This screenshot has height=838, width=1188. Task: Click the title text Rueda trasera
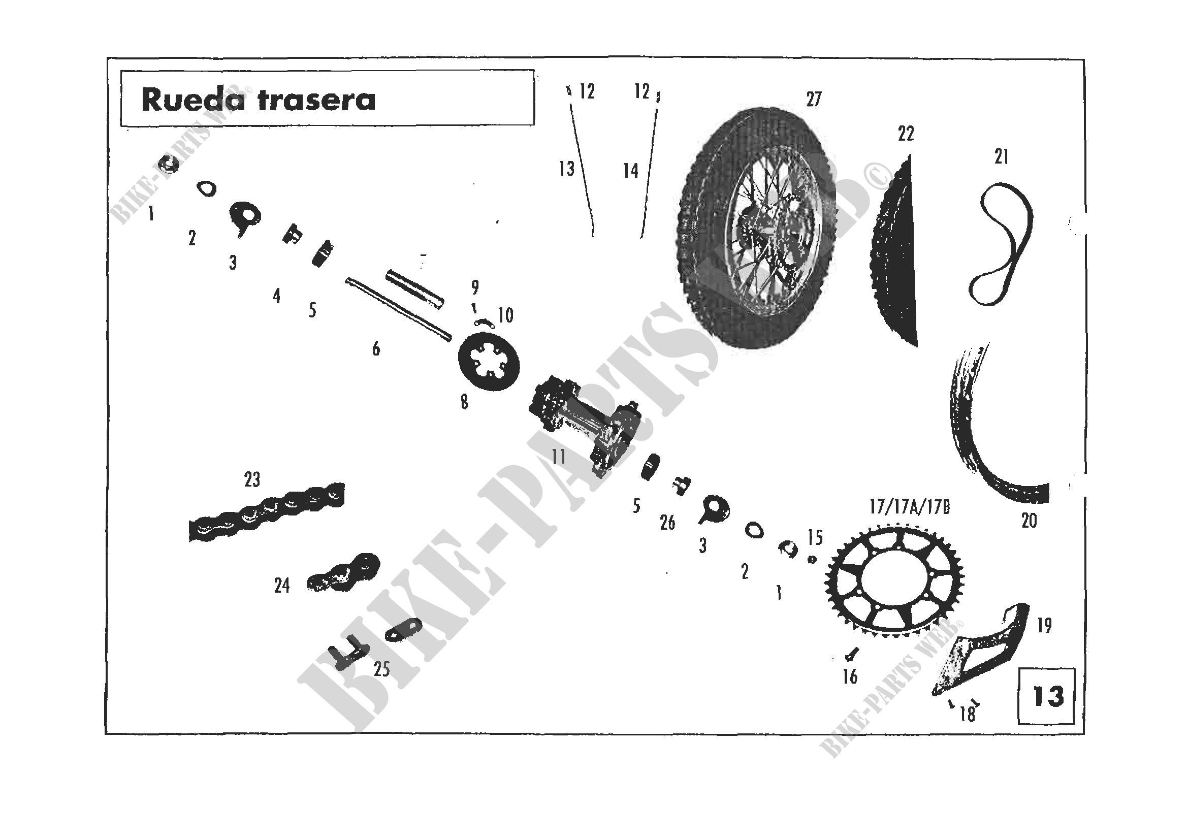pyautogui.click(x=258, y=100)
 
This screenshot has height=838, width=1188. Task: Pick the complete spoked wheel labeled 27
pyautogui.click(x=755, y=228)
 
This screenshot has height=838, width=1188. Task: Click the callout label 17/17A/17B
pyautogui.click(x=910, y=507)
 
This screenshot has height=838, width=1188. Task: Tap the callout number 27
pyautogui.click(x=813, y=99)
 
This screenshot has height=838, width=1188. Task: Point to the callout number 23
pyautogui.click(x=252, y=479)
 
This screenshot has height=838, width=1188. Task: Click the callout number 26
pyautogui.click(x=667, y=523)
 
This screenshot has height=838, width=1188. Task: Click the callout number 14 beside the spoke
pyautogui.click(x=631, y=171)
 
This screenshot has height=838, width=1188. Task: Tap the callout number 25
pyautogui.click(x=381, y=669)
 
